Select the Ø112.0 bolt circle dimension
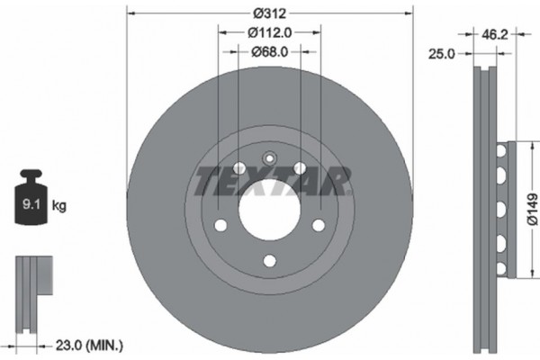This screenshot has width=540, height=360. pos(268,33)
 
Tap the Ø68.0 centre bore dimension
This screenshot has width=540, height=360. pos(268,51)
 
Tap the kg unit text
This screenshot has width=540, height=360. pos(59,205)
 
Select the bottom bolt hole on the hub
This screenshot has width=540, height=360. pos(268,261)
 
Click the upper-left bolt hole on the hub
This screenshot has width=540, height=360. pos(238,168)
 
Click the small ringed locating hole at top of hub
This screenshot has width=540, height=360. pos(268,158)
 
